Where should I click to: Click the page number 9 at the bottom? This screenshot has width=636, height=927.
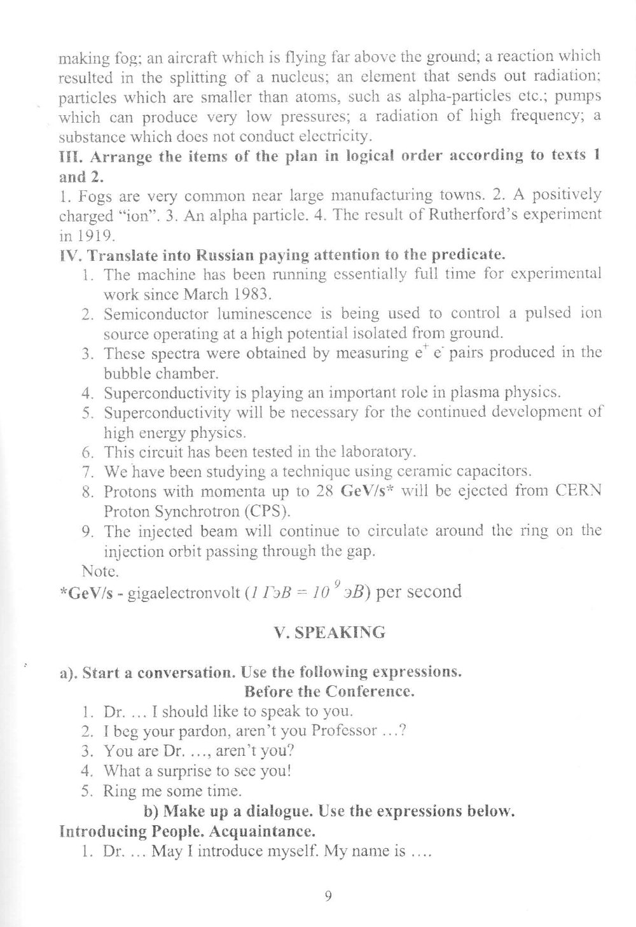[x=328, y=896]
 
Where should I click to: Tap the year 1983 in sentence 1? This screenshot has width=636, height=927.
[x=255, y=295]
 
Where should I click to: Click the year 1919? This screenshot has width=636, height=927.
[x=99, y=235]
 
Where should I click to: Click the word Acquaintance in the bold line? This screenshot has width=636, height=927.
[x=260, y=831]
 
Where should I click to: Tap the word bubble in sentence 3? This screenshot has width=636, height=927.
[x=125, y=372]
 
